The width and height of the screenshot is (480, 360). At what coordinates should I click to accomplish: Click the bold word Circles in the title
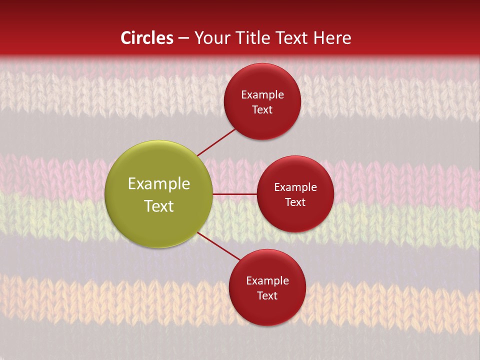pos(147,38)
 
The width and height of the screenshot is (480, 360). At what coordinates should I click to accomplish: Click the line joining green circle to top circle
pos(217,142)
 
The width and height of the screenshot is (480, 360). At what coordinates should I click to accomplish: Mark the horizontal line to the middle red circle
pos(234,194)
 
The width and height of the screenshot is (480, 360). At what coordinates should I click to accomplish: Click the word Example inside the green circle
pos(159,184)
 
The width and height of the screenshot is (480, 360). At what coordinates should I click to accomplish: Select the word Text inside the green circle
pos(159,206)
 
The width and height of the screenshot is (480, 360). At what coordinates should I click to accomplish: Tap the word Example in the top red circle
pos(262,95)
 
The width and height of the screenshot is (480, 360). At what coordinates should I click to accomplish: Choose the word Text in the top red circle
pos(262,110)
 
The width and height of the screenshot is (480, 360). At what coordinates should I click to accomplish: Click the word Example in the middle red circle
pos(295,187)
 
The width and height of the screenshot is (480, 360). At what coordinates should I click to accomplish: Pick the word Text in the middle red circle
pos(295,202)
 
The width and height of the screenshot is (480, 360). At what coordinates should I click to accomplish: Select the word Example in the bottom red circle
pos(267,281)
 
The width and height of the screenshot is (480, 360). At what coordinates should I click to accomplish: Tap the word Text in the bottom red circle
pos(267,296)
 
